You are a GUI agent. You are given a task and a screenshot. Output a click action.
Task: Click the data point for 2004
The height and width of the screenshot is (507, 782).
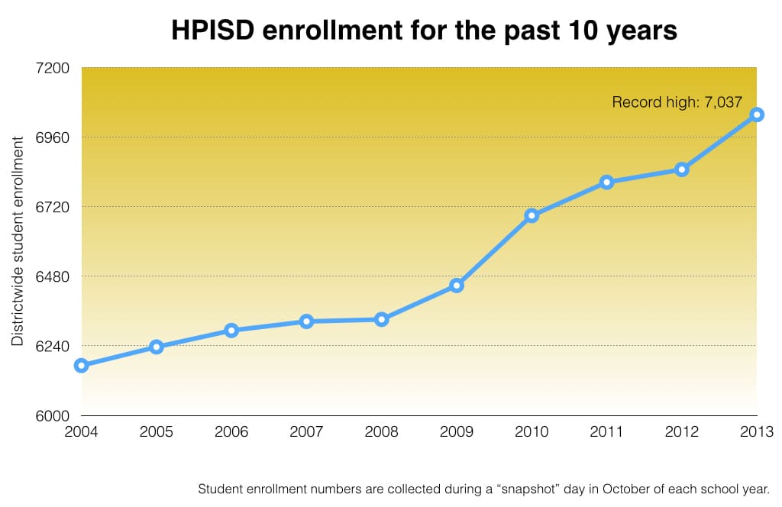click(x=81, y=366)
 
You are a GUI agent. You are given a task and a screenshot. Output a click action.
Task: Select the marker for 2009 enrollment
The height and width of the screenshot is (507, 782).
click(x=457, y=286)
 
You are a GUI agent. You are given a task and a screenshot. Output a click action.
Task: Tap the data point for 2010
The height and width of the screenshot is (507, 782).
click(x=532, y=215)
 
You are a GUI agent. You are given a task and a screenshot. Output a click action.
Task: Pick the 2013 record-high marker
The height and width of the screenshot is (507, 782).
click(x=757, y=115)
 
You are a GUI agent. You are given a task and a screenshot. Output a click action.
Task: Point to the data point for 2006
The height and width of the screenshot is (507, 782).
click(x=231, y=331)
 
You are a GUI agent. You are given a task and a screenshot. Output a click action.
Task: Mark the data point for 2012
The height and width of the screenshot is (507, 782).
click(x=682, y=170)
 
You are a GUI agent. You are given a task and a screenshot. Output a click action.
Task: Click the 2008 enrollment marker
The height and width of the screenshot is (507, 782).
click(x=382, y=319)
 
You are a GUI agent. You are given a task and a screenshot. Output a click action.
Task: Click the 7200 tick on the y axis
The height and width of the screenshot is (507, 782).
click(x=53, y=68)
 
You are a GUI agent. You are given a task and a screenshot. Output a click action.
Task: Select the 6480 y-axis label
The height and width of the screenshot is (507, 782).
click(x=53, y=276)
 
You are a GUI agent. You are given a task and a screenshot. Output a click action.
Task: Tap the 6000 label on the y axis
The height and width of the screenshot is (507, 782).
click(x=53, y=415)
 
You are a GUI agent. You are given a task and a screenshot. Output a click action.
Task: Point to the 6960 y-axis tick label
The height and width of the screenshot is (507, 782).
click(x=53, y=137)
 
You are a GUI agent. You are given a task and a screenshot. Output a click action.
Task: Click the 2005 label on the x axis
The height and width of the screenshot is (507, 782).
click(x=156, y=432)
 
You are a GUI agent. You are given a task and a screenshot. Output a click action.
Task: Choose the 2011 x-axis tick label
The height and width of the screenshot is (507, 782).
click(x=606, y=432)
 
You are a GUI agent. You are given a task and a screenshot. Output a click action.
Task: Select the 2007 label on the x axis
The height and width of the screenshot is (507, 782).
click(x=306, y=432)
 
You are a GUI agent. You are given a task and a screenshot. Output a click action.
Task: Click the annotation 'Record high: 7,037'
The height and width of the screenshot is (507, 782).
click(x=677, y=102)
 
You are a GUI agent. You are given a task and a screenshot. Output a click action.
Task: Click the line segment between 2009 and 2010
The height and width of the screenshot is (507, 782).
click(x=494, y=250)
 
